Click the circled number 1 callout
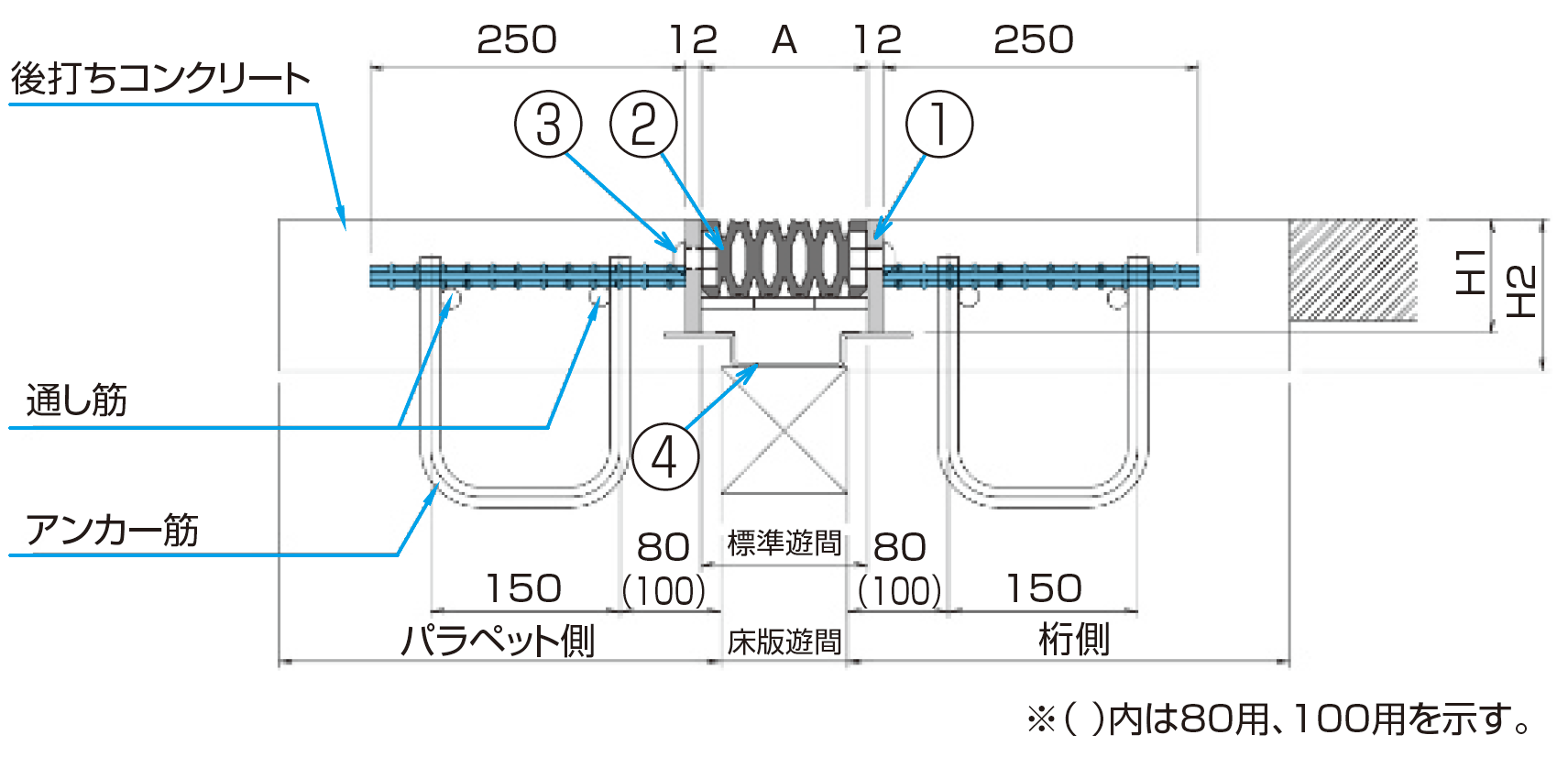point(939,124)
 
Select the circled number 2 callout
point(644,124)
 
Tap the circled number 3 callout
point(548,124)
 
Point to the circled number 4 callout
point(665,456)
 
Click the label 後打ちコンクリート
point(160,79)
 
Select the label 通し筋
point(77,400)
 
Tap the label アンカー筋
point(112,530)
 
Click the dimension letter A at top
point(784,40)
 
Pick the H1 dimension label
point(1472,272)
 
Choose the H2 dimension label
point(1521,291)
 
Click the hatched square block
point(1353,270)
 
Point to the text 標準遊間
point(784,543)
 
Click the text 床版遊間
point(784,642)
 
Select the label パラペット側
point(498,640)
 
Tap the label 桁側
point(1074,639)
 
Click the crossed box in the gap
point(784,429)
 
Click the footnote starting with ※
point(1279,719)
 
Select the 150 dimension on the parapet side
point(523,588)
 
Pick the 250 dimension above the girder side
point(1034,40)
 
